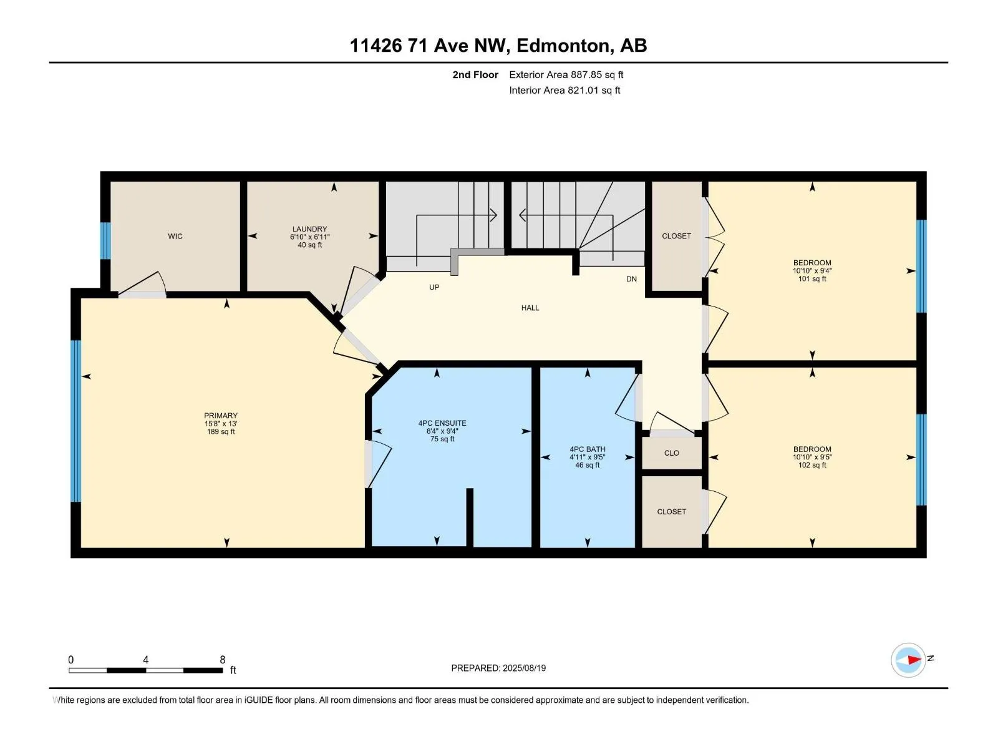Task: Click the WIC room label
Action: [175, 236]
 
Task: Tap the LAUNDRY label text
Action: [309, 230]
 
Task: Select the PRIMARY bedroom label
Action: [221, 416]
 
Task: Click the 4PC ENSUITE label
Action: [442, 423]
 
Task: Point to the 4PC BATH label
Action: [588, 449]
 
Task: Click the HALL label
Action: [530, 308]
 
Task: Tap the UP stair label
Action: [434, 287]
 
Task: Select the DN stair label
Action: [631, 279]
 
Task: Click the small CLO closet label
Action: [672, 453]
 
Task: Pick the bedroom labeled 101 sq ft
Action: [812, 270]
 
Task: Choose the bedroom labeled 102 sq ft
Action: [812, 457]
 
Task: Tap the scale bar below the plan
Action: [146, 670]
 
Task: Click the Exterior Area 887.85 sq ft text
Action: [566, 75]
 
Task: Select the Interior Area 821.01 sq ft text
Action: [564, 91]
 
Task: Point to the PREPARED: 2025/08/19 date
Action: [498, 668]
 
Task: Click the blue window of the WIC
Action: [105, 240]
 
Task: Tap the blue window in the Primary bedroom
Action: [75, 421]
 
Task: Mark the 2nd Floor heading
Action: [475, 75]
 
